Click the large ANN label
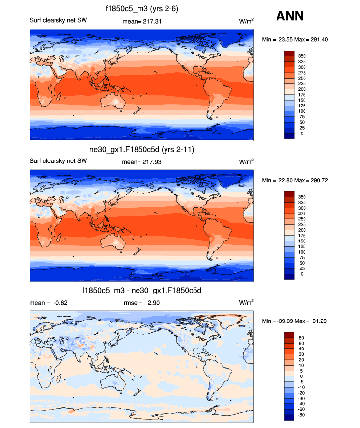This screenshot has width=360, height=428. (x=290, y=16)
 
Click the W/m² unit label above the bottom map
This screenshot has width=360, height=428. (x=246, y=303)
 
